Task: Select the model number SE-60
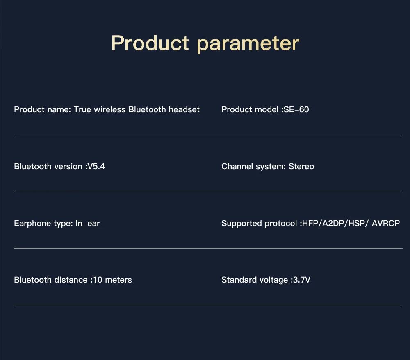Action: pos(296,109)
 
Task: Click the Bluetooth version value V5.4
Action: pos(96,166)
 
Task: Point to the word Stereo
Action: pos(301,166)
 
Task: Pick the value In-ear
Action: pos(88,223)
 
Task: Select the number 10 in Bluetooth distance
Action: pos(98,280)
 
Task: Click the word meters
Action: pos(118,280)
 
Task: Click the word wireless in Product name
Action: pos(109,109)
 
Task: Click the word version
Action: pos(66,166)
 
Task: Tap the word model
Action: pos(269,109)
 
